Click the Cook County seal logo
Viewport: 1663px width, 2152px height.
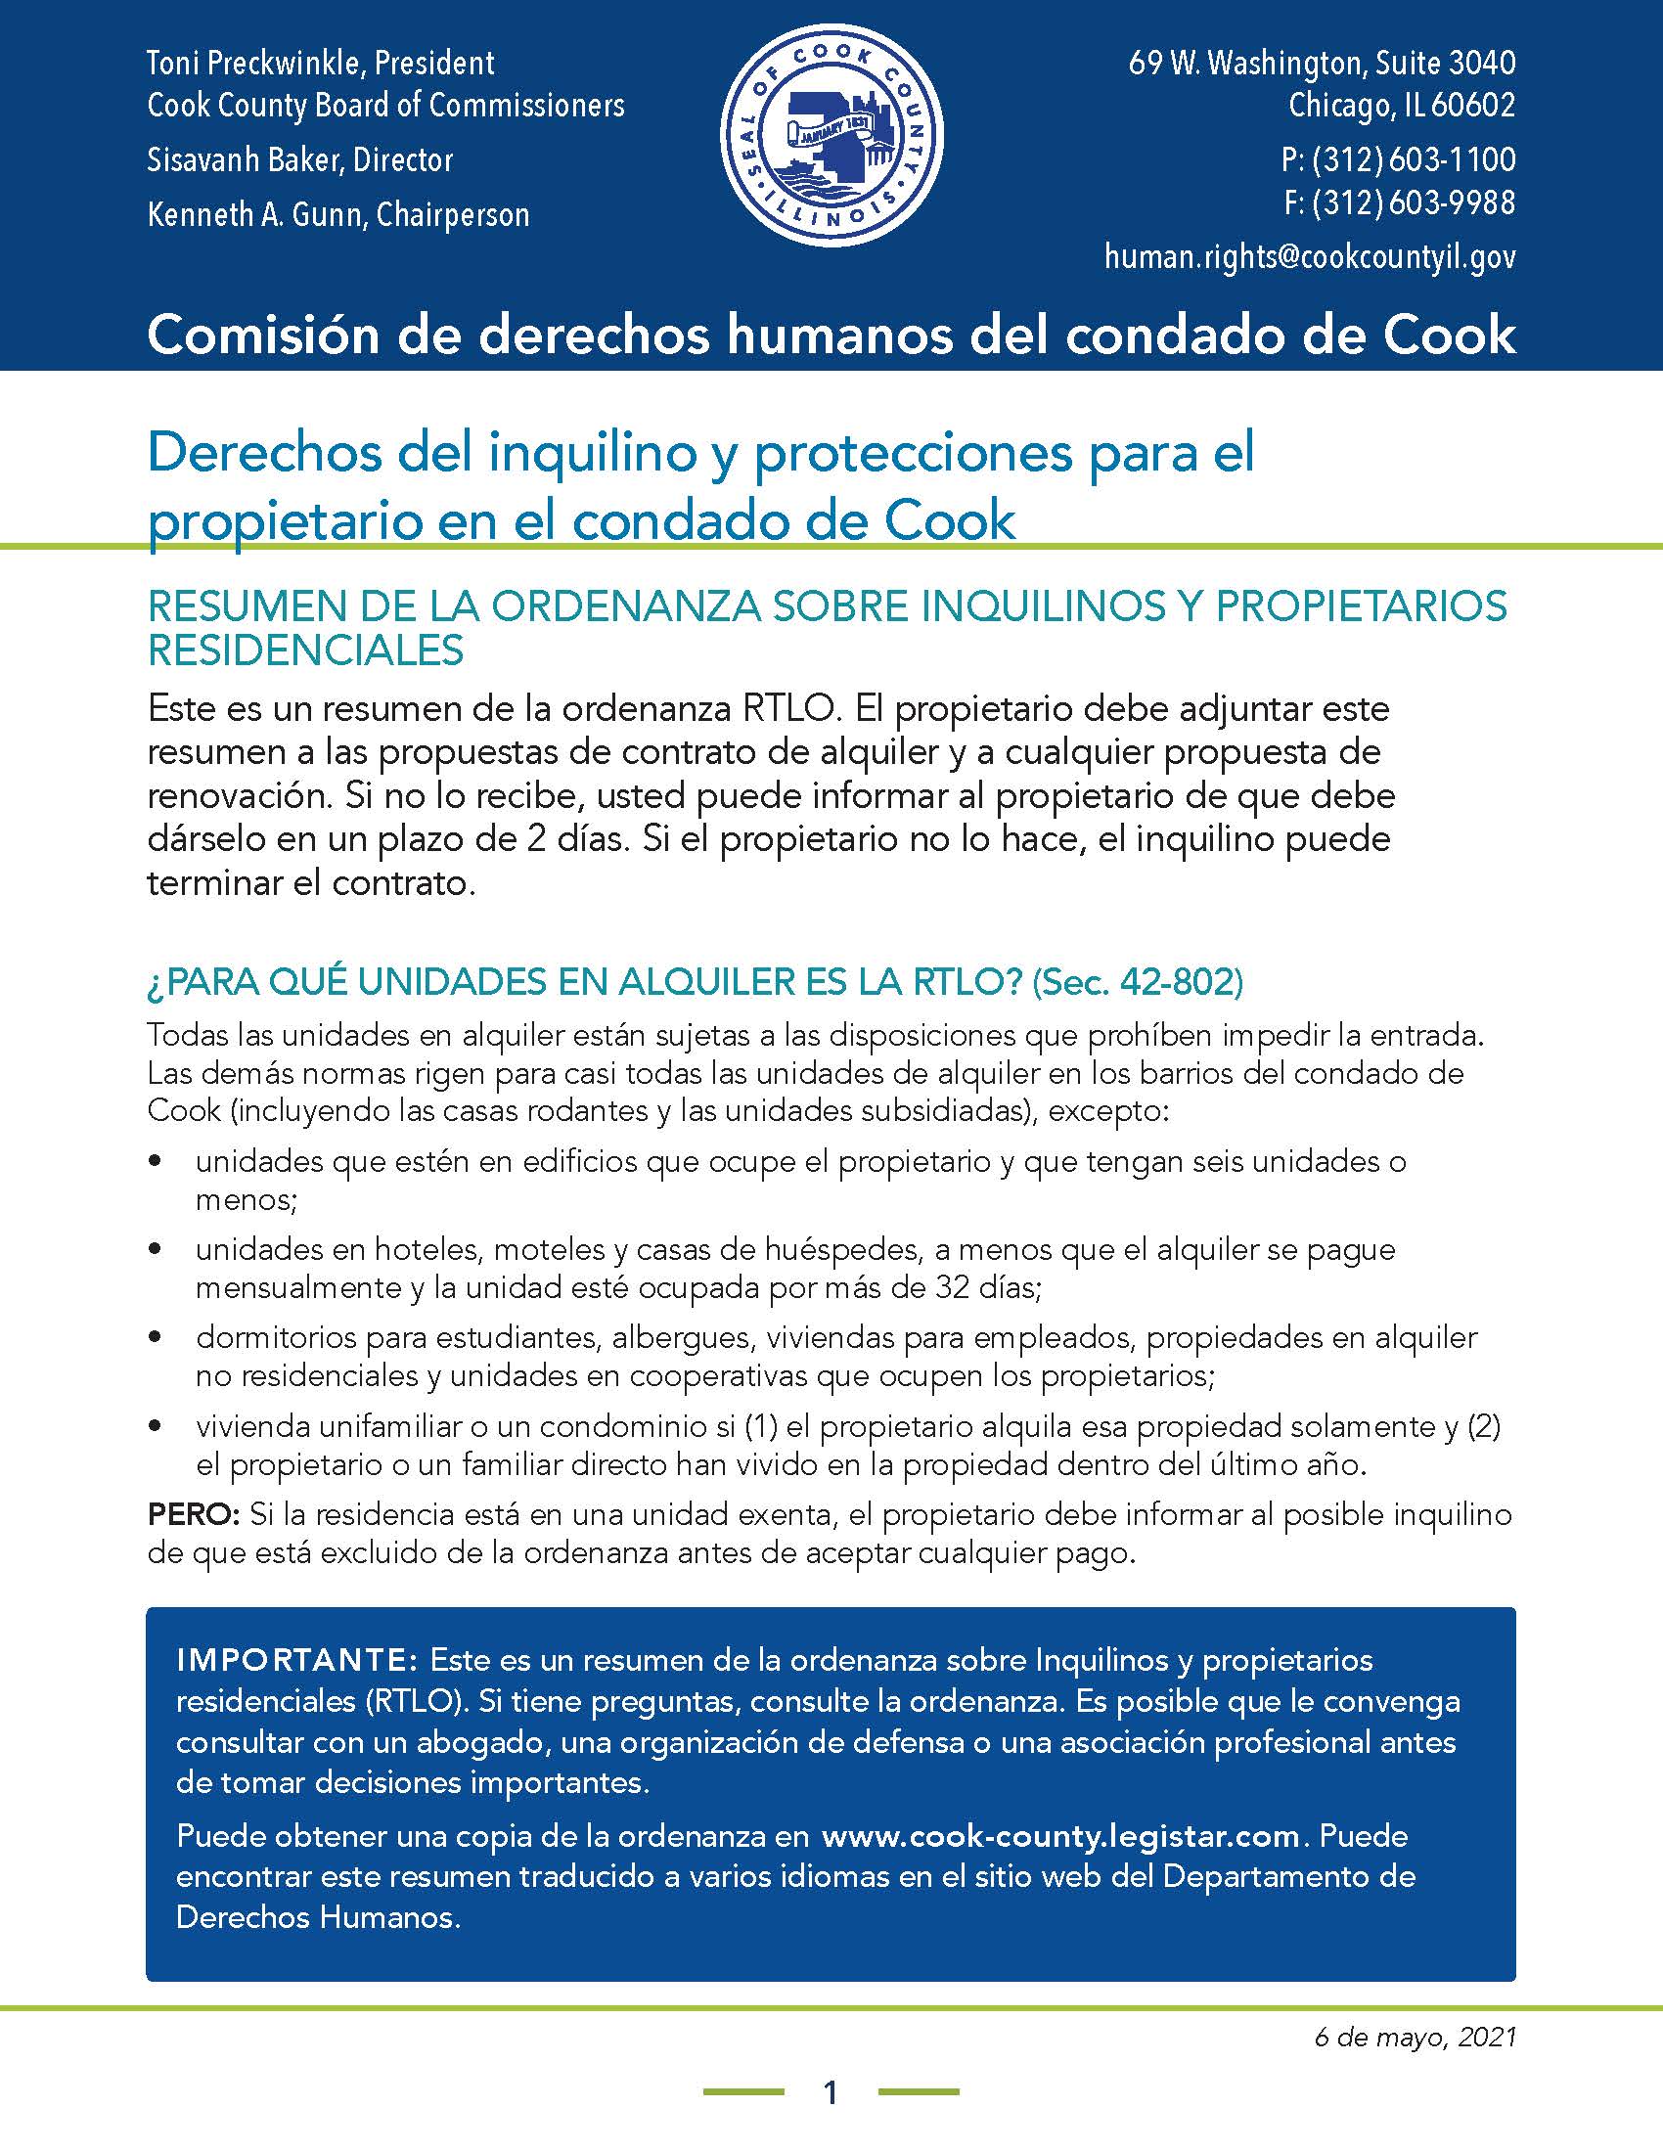(x=831, y=135)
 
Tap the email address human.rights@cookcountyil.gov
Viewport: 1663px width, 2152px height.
(x=1309, y=257)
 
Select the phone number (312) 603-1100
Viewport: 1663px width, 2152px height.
(x=1414, y=159)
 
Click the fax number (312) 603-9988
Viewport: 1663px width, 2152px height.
(x=1414, y=204)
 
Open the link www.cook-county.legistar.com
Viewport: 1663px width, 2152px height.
(x=1061, y=1837)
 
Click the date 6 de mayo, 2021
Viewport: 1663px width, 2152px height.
(x=1415, y=2037)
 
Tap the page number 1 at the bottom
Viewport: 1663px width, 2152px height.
(x=831, y=2092)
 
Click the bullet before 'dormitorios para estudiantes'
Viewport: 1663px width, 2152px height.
(x=155, y=1338)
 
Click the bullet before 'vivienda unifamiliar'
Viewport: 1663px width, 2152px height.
(x=155, y=1426)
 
